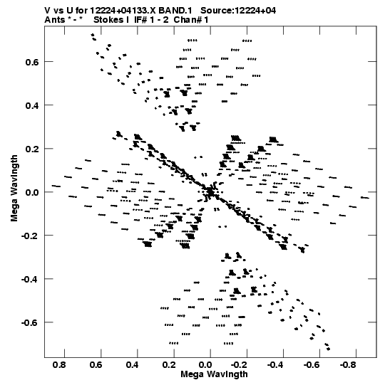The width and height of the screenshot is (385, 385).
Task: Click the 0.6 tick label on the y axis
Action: point(32,62)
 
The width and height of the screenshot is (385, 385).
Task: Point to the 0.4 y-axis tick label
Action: point(32,105)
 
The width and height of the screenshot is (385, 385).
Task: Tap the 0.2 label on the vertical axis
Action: point(32,149)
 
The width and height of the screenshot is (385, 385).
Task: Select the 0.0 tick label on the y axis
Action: point(32,192)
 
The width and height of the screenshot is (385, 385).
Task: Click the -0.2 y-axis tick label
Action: point(30,236)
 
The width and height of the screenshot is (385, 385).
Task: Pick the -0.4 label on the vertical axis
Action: point(30,279)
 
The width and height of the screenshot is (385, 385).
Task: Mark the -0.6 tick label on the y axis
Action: point(30,322)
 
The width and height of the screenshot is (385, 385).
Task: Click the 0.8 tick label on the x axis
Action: point(59,364)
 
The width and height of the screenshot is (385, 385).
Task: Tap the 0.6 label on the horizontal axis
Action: point(96,364)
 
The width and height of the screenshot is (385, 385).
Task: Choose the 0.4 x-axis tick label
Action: point(133,364)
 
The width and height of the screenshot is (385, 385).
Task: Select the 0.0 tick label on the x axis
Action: point(205,364)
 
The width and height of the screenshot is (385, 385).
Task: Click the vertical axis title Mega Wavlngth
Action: point(14,189)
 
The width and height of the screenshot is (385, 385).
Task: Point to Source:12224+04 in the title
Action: point(238,11)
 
